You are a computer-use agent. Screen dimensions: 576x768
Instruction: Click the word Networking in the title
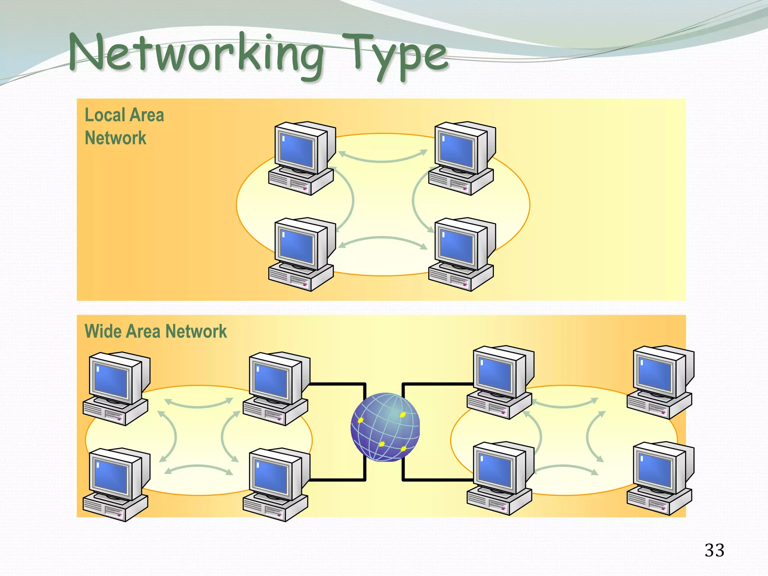point(195,54)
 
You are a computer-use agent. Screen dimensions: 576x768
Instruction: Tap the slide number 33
point(714,550)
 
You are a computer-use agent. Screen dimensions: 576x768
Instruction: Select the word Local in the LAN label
point(104,115)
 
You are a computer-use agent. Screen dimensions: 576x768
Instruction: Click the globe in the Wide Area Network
point(385,427)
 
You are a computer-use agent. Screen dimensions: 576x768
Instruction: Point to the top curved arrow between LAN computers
point(382,160)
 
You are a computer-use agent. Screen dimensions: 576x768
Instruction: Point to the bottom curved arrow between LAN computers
point(382,238)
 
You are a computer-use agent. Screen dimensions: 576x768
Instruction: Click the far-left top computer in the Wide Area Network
point(116,388)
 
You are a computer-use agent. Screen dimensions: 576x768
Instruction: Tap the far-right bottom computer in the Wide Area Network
point(660,478)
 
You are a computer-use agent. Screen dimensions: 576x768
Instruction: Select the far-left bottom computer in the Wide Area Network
point(116,484)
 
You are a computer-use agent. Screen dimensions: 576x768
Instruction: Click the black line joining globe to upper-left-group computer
point(337,384)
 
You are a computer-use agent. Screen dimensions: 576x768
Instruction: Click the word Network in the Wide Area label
point(196,331)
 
